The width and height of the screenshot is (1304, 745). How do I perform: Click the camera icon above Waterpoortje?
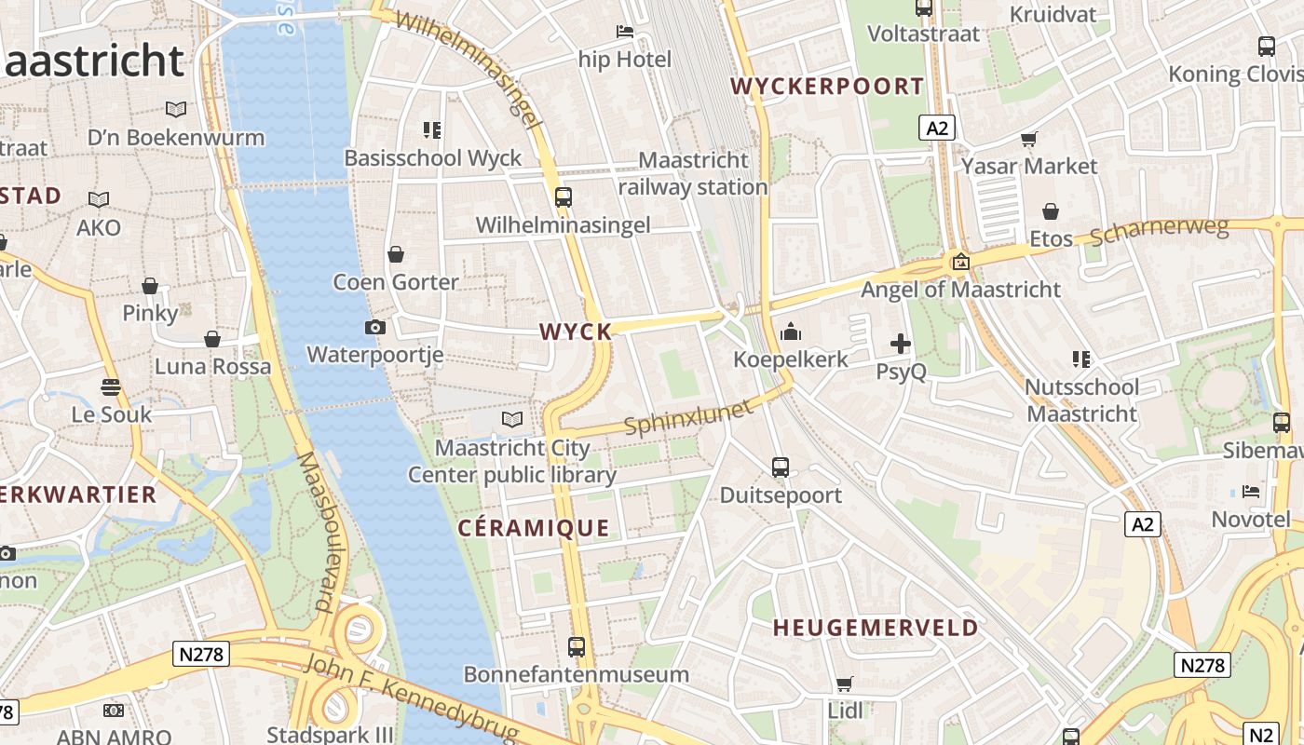[x=375, y=327]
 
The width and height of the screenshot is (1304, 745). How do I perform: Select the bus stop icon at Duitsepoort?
[x=781, y=467]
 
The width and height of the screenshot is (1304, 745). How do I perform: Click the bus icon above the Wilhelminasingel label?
[x=563, y=197]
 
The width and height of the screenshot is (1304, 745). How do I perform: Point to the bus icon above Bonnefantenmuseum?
[x=577, y=646]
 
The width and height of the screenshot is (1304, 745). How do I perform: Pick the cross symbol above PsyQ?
[x=901, y=344]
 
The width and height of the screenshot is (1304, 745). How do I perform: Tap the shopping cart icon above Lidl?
[x=845, y=684]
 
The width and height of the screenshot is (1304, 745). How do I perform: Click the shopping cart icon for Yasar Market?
[x=1028, y=140]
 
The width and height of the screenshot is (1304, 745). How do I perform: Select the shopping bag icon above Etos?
[x=1051, y=212]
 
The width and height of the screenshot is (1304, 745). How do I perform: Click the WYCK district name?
[x=576, y=332]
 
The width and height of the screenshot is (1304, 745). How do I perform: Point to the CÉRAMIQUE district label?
[x=534, y=528]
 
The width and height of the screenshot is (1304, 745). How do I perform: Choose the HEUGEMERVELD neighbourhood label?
[x=876, y=628]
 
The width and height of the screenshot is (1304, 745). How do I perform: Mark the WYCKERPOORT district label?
[x=827, y=87]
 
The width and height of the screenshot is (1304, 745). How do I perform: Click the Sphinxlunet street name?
[x=687, y=417]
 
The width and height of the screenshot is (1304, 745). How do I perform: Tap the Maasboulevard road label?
[x=317, y=531]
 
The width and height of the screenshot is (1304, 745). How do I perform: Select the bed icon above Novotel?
[x=1251, y=491]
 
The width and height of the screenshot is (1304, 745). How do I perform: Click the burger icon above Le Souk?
[x=111, y=387]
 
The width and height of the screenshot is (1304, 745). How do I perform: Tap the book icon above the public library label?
[x=511, y=419]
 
